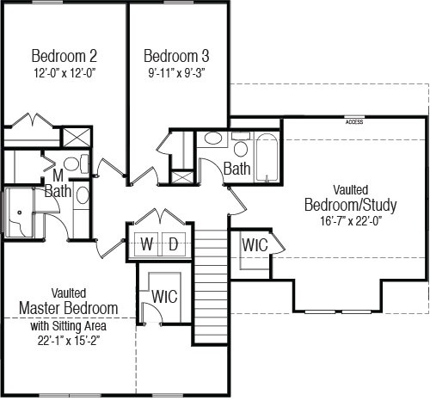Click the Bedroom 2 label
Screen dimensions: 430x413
[64, 56]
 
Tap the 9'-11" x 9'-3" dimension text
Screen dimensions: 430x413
[176, 73]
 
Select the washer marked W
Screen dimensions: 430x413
[146, 244]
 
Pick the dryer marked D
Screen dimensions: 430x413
[174, 244]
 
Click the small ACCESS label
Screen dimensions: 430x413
[354, 122]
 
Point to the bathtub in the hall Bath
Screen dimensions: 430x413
[267, 157]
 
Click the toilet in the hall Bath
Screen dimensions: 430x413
[241, 144]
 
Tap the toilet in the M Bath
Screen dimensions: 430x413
[76, 163]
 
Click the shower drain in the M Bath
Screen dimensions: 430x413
[20, 213]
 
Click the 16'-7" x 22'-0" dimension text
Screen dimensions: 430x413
[351, 221]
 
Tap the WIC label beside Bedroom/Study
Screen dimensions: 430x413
[255, 245]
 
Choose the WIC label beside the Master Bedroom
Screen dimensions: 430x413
[164, 297]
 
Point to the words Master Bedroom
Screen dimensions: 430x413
[69, 308]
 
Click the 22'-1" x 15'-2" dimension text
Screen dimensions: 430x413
[69, 341]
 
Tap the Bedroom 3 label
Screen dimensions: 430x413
[176, 56]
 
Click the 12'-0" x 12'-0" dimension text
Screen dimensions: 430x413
[64, 73]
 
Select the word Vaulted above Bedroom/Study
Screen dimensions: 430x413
[351, 190]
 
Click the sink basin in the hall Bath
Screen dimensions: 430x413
[212, 139]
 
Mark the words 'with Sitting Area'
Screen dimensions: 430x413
[69, 326]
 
